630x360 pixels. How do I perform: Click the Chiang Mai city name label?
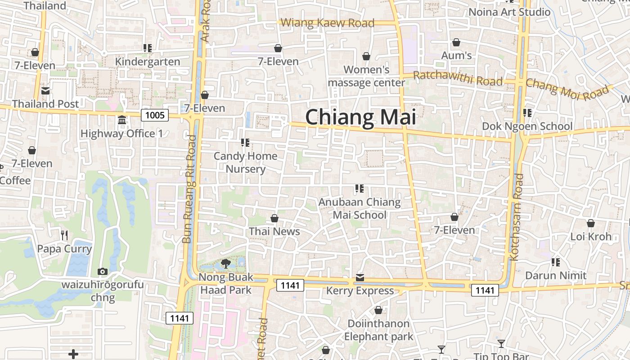[360, 117]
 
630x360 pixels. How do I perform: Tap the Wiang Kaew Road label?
[327, 23]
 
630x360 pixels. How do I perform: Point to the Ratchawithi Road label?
[457, 78]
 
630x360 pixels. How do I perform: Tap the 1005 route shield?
[155, 115]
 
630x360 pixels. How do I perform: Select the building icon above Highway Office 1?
[121, 120]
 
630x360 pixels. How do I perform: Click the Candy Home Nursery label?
[245, 162]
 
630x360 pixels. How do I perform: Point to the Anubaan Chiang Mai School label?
[359, 208]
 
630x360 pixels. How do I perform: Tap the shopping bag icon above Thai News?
[274, 219]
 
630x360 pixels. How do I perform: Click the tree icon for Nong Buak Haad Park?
[226, 263]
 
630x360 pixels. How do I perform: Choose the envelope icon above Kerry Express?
[360, 278]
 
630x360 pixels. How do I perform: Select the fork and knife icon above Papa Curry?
[64, 235]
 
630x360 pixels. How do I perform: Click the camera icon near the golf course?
[103, 271]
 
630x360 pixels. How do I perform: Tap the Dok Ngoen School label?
[527, 126]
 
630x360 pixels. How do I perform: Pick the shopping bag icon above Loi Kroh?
[591, 223]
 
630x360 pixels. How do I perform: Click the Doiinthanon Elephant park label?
[378, 330]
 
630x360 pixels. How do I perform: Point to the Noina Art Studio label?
[509, 12]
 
